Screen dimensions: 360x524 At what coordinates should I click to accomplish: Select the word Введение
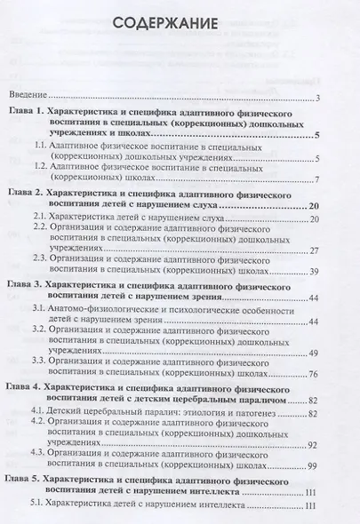point(28,95)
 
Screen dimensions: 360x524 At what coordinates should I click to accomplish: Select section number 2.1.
point(42,217)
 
